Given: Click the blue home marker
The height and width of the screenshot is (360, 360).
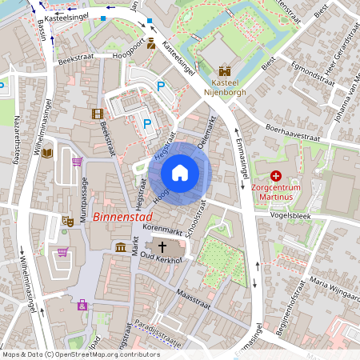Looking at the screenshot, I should (180, 172).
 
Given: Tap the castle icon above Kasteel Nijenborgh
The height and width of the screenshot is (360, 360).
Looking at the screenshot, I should (224, 71).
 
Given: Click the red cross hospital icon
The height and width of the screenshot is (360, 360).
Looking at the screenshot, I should (277, 175).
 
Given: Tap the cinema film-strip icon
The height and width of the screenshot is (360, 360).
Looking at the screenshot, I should (98, 114).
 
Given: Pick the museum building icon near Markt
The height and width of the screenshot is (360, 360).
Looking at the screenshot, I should (120, 246).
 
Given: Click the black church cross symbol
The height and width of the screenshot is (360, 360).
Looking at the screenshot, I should (162, 247).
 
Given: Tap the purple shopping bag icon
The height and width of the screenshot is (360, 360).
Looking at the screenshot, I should (82, 305).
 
